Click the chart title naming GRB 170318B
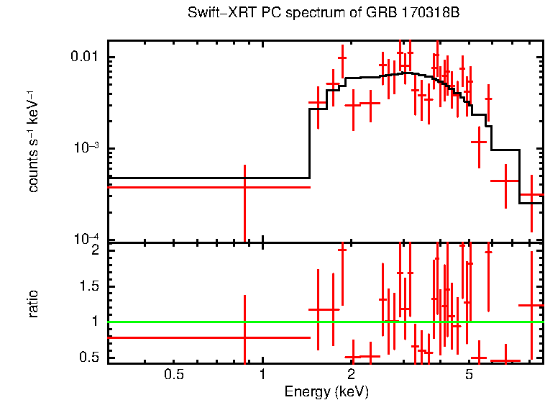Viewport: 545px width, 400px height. (x=323, y=14)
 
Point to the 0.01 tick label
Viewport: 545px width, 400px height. (x=88, y=58)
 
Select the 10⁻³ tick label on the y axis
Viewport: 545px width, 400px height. (x=89, y=149)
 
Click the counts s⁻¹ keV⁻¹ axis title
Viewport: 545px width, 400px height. (x=33, y=141)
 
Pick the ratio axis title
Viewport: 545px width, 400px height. (x=33, y=304)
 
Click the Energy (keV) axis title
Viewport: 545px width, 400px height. (x=326, y=392)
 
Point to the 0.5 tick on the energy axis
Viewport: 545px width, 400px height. (x=174, y=374)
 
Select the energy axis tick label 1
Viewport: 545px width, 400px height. (x=262, y=374)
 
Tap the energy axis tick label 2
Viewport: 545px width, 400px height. (x=351, y=374)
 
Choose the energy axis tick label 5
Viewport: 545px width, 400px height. (x=468, y=374)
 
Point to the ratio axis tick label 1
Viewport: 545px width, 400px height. (x=94, y=322)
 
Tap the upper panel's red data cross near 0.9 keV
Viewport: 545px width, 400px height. (x=244, y=187)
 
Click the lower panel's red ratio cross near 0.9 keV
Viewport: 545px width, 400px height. (x=244, y=337)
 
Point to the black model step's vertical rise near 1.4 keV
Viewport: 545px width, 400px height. (x=309, y=144)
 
